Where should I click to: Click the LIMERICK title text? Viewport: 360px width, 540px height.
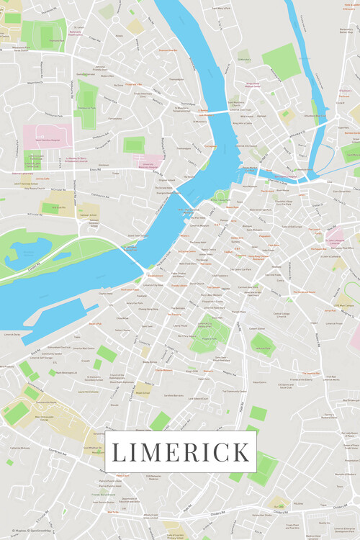tap(181, 452)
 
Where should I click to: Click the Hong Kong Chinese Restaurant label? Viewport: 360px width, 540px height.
tap(258, 256)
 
